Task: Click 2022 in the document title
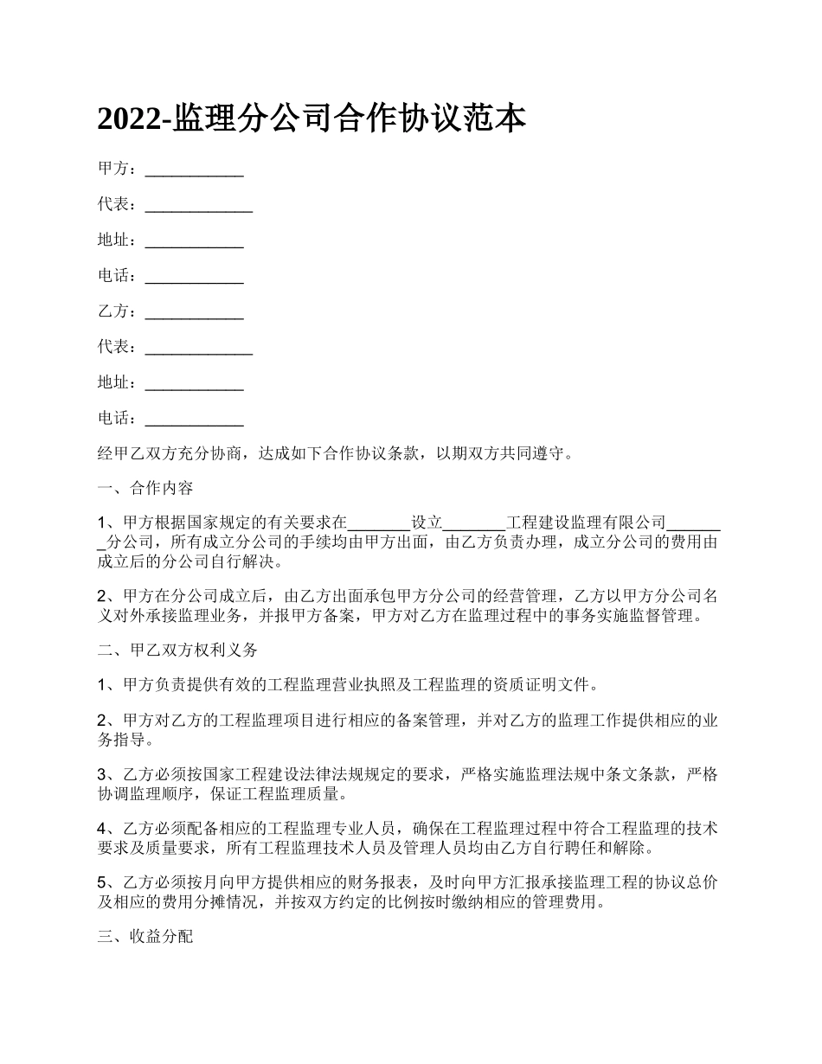(129, 119)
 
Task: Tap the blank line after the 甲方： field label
(194, 170)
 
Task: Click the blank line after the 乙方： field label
(194, 312)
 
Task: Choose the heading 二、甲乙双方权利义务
(177, 649)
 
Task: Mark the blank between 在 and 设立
(378, 522)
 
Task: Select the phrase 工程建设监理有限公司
(586, 522)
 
